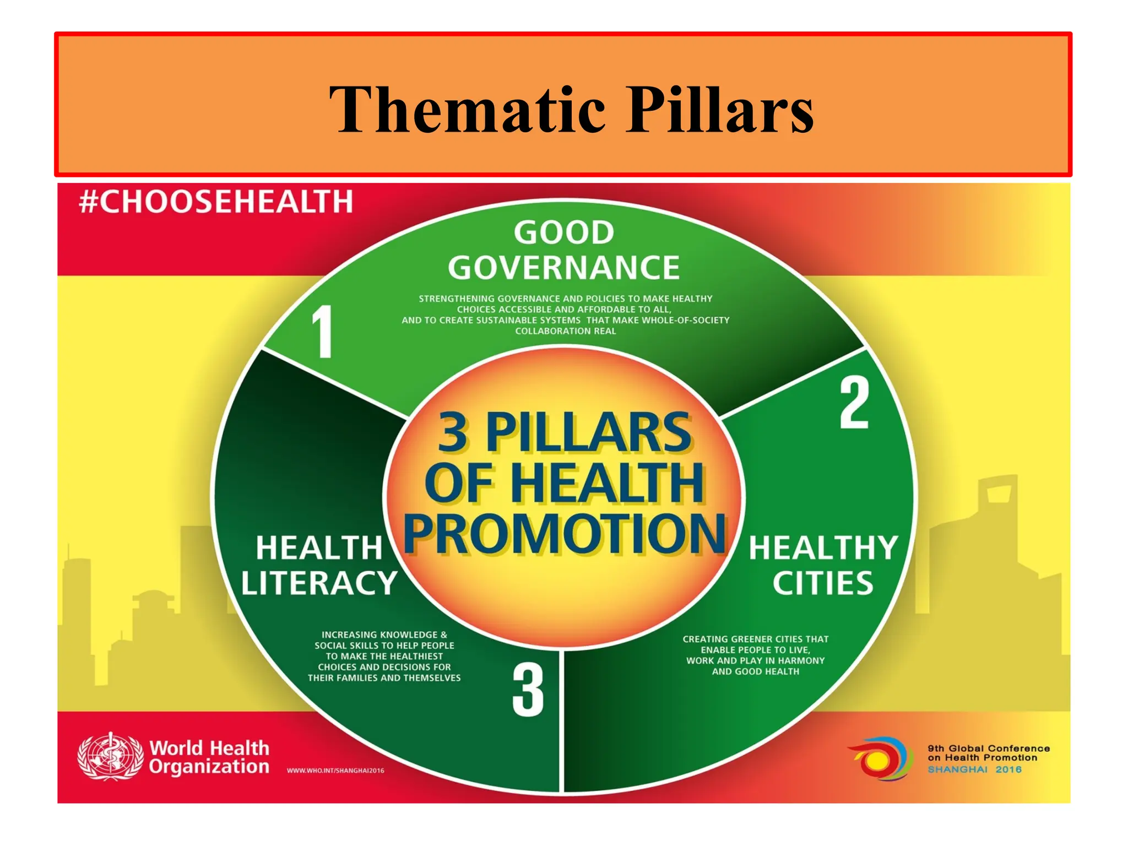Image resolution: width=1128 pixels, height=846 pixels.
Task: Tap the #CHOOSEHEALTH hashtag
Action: (216, 201)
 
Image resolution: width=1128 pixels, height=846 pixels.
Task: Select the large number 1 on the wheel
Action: (322, 332)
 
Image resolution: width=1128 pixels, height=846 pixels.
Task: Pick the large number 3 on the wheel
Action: (528, 690)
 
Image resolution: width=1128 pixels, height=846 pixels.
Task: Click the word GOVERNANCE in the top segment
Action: (564, 268)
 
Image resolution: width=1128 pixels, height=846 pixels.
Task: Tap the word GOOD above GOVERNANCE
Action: (564, 232)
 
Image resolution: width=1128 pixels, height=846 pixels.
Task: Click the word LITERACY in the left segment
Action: (319, 583)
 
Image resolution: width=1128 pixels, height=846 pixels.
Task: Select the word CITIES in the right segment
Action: (823, 583)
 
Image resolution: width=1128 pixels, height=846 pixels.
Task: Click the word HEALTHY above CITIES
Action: (823, 548)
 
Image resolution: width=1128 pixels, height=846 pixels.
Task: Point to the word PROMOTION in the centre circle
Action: (565, 533)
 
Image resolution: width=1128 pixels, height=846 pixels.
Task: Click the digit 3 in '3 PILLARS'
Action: (453, 433)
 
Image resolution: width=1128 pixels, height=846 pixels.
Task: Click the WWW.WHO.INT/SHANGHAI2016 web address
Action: (335, 771)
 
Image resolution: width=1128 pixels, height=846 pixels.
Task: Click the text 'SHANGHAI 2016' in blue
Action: (974, 769)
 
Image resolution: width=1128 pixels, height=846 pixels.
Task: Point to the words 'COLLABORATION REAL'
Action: (566, 331)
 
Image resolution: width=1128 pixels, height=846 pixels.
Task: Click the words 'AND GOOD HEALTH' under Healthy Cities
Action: (755, 671)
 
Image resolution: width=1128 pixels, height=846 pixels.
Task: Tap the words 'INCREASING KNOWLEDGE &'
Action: (384, 634)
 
